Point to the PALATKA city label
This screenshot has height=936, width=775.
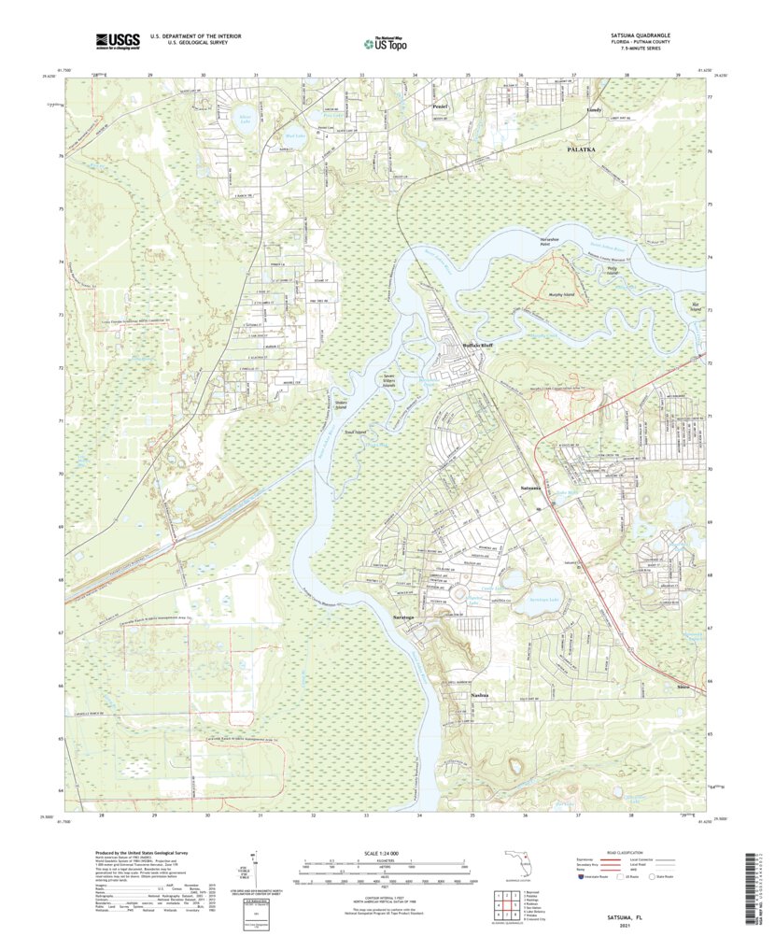585,149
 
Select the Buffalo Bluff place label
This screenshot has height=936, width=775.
477,346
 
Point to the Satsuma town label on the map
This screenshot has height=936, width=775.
533,489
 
